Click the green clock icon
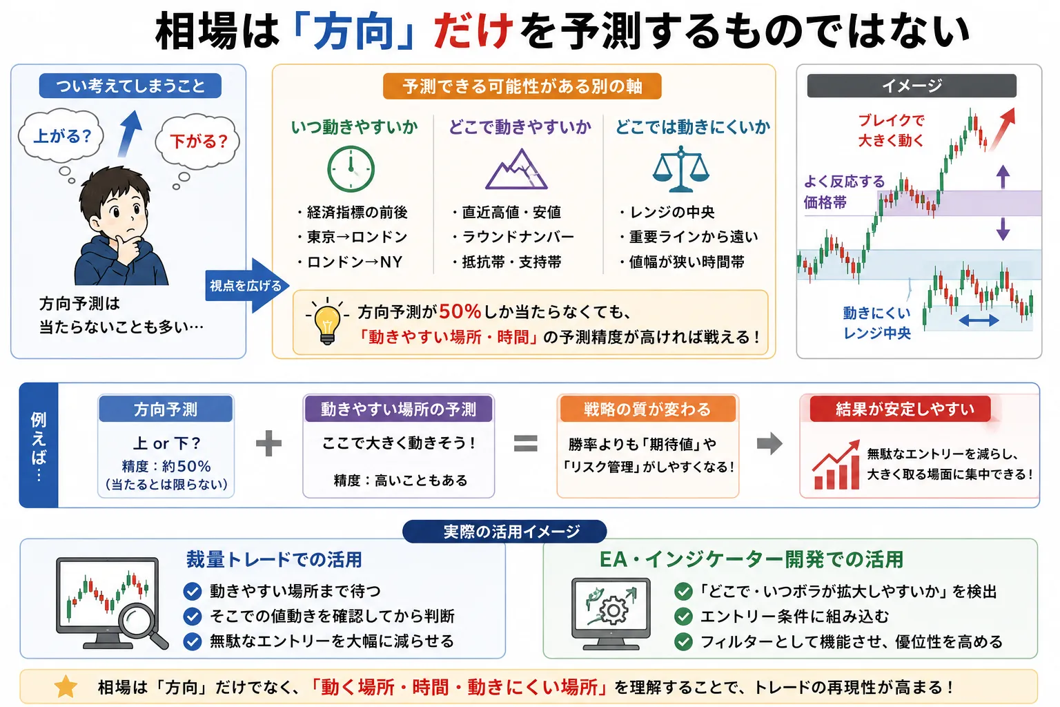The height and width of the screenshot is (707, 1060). point(351,168)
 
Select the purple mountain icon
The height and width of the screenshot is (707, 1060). point(516,170)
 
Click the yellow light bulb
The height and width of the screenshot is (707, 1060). point(327,322)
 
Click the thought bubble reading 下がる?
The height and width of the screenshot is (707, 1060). point(198,141)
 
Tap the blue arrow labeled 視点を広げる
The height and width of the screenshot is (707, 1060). point(246,286)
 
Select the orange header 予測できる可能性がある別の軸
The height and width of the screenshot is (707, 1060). point(522,86)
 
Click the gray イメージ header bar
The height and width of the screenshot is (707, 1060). point(912,86)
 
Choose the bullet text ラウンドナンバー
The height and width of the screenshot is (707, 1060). point(518,237)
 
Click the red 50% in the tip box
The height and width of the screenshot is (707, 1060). point(460,311)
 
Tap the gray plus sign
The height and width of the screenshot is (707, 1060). point(268,443)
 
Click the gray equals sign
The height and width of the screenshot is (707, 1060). point(526,443)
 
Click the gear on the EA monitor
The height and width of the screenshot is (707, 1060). point(614,611)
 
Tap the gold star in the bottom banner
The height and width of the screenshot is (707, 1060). point(66,687)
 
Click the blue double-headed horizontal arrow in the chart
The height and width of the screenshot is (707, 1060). point(979,320)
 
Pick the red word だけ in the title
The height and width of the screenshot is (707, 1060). point(473,31)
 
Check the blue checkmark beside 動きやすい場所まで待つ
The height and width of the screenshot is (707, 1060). point(193,592)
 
